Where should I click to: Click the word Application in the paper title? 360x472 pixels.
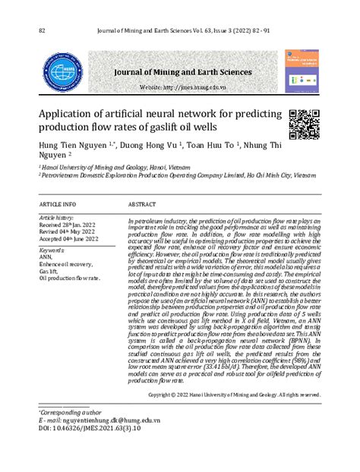pos(71,114)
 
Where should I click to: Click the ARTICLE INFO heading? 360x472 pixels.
pos(58,205)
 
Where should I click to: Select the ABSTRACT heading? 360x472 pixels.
pos(142,205)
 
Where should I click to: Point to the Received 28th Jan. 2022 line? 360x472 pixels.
pos(68,225)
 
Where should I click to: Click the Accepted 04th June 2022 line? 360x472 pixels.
pos(68,239)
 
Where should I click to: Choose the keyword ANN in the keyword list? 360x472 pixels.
pos(46,256)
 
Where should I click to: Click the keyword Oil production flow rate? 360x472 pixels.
pos(69,278)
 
